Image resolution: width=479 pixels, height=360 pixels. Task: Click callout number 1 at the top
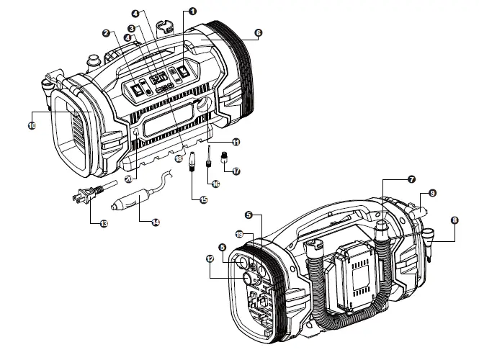pyautogui.click(x=192, y=12)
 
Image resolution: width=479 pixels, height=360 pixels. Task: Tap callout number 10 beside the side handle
pyautogui.click(x=32, y=125)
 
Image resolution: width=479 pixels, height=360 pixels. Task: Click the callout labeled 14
pyautogui.click(x=155, y=222)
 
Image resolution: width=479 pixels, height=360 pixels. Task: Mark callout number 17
pyautogui.click(x=236, y=171)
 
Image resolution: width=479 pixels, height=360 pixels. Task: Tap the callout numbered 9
pyautogui.click(x=432, y=192)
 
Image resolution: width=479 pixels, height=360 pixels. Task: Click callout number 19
pyautogui.click(x=239, y=233)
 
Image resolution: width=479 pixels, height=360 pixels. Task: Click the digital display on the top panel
pyautogui.click(x=159, y=75)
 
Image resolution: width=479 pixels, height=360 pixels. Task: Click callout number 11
pyautogui.click(x=236, y=142)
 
